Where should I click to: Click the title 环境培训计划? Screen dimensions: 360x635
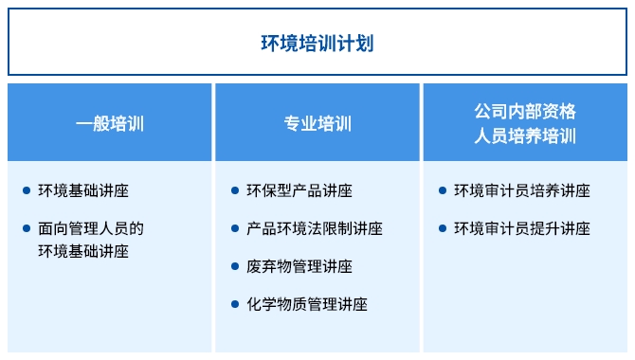tap(317, 44)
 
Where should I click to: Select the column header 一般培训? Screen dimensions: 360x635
tap(110, 123)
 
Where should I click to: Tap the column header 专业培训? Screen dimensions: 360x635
tap(317, 123)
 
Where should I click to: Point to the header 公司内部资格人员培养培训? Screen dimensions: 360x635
tap(525, 123)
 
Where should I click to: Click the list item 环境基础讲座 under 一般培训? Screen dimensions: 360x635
tap(83, 190)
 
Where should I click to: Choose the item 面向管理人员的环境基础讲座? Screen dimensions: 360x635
tap(90, 240)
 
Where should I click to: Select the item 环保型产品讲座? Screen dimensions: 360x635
tap(299, 190)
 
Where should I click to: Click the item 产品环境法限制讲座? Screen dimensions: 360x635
tap(314, 228)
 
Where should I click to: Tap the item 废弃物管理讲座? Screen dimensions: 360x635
tap(299, 266)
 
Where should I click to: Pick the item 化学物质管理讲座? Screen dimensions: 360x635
tap(306, 304)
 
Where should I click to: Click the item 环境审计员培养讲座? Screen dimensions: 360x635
tap(521, 190)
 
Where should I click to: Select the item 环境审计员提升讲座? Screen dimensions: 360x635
tap(521, 228)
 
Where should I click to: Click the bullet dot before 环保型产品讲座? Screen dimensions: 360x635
tap(235, 190)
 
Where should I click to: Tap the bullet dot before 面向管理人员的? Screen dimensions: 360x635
tap(27, 228)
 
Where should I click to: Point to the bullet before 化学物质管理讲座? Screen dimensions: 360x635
tap(235, 304)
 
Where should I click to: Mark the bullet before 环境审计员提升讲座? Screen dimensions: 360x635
tap(443, 228)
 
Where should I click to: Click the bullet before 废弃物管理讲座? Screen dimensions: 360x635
tap(235, 266)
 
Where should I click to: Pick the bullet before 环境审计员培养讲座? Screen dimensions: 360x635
tap(443, 190)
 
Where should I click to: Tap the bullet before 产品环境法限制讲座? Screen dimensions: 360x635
tap(235, 228)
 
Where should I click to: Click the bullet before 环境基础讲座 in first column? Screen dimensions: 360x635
tap(27, 190)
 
